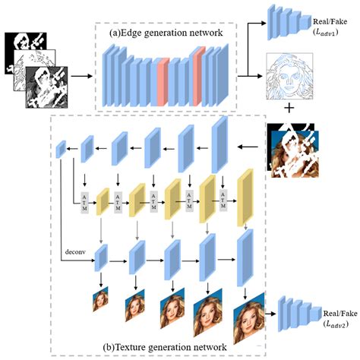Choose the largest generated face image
point(248,320)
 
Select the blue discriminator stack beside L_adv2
point(295,314)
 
